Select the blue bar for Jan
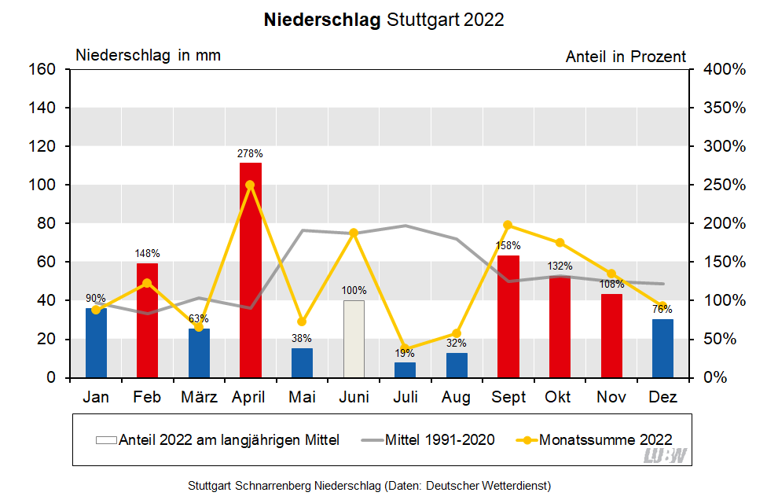pyautogui.click(x=96, y=343)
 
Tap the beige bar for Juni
pyautogui.click(x=354, y=339)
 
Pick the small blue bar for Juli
pyautogui.click(x=405, y=370)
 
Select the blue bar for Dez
pyautogui.click(x=662, y=348)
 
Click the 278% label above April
pyautogui.click(x=251, y=154)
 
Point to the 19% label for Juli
pyautogui.click(x=405, y=354)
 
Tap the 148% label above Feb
pyautogui.click(x=147, y=253)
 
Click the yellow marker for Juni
pyautogui.click(x=354, y=233)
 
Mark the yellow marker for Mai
pyautogui.click(x=302, y=321)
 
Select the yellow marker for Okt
pyautogui.click(x=560, y=243)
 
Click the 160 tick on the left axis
pyautogui.click(x=44, y=69)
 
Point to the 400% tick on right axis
pyautogui.click(x=724, y=69)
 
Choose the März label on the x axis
pyautogui.click(x=199, y=398)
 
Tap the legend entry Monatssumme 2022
pyautogui.click(x=605, y=439)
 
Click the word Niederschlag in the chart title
pyautogui.click(x=323, y=20)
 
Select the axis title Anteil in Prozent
pyautogui.click(x=626, y=57)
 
